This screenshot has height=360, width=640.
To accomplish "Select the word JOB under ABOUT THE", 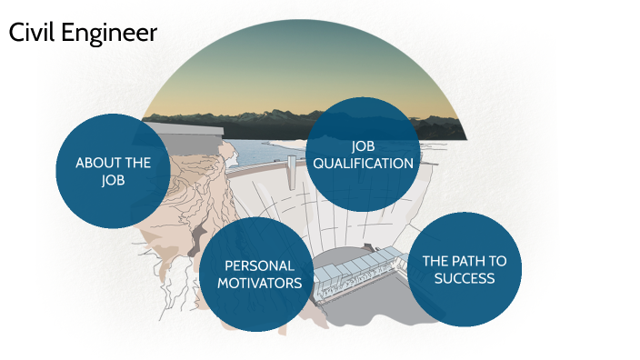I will tap(113, 180).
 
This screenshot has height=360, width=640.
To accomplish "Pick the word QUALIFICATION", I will tap(363, 164).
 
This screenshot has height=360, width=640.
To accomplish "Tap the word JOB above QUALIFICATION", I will tap(363, 146).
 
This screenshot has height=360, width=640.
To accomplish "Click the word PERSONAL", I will tap(260, 265).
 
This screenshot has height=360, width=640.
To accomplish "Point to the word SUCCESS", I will tap(464, 278).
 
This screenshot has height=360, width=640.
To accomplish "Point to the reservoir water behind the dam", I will tap(264, 151).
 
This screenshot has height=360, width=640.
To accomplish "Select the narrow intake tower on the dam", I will tap(292, 173).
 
